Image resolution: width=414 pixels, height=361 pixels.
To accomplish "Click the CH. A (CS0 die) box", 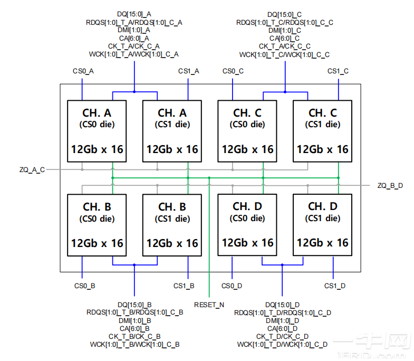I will (97, 131).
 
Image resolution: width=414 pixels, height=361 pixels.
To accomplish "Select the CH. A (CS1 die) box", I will (172, 131).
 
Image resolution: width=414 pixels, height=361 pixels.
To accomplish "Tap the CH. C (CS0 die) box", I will (247, 131).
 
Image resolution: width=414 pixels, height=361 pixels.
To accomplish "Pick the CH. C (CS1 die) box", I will (322, 131).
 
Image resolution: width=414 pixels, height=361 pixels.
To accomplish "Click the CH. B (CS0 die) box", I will (97, 225).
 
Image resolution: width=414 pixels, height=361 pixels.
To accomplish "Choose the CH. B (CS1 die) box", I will (172, 225).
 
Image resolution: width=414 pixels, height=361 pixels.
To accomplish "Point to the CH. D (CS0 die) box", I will (247, 225).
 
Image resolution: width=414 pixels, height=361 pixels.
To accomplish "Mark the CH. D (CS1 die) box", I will (322, 225).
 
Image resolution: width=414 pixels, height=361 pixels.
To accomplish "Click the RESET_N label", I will (209, 305).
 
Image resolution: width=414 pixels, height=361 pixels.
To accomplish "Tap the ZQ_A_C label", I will (31, 169).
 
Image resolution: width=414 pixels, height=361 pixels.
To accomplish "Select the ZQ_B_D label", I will (390, 185).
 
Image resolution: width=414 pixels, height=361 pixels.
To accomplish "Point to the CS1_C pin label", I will (338, 71).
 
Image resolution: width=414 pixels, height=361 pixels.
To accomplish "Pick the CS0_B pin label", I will (84, 286).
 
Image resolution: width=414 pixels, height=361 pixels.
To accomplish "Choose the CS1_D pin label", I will (335, 286).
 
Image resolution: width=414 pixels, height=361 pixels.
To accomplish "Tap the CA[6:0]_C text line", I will (285, 38).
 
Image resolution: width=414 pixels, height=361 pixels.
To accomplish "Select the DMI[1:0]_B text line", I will (134, 320).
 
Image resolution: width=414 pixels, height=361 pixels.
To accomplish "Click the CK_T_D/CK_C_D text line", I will (282, 336).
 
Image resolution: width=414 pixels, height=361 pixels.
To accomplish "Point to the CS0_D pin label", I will (232, 286).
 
